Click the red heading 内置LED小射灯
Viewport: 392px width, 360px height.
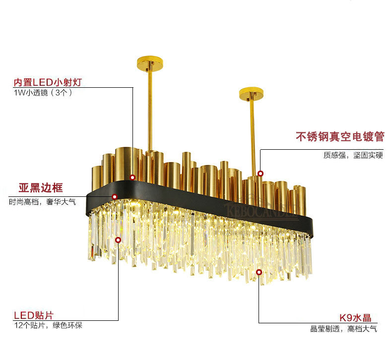click(x=47, y=82)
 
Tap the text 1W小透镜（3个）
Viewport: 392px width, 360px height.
click(x=43, y=93)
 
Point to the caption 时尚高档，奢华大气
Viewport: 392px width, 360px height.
click(x=42, y=202)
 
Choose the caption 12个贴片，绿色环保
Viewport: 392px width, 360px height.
click(x=48, y=326)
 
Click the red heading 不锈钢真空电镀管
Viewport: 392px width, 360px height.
click(x=339, y=136)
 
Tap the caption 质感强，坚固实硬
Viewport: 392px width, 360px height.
click(x=353, y=155)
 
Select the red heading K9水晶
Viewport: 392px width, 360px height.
click(x=355, y=318)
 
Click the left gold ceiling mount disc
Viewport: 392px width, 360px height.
click(x=149, y=64)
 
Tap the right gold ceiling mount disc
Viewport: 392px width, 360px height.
click(x=253, y=93)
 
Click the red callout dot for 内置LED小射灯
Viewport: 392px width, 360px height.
click(x=132, y=177)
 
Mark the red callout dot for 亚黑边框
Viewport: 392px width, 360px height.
click(x=115, y=197)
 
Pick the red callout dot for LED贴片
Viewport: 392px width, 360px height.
click(x=118, y=240)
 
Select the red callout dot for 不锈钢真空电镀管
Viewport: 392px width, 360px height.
click(x=260, y=174)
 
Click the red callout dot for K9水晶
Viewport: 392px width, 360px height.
click(x=259, y=272)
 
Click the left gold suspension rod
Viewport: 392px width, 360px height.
click(x=149, y=109)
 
